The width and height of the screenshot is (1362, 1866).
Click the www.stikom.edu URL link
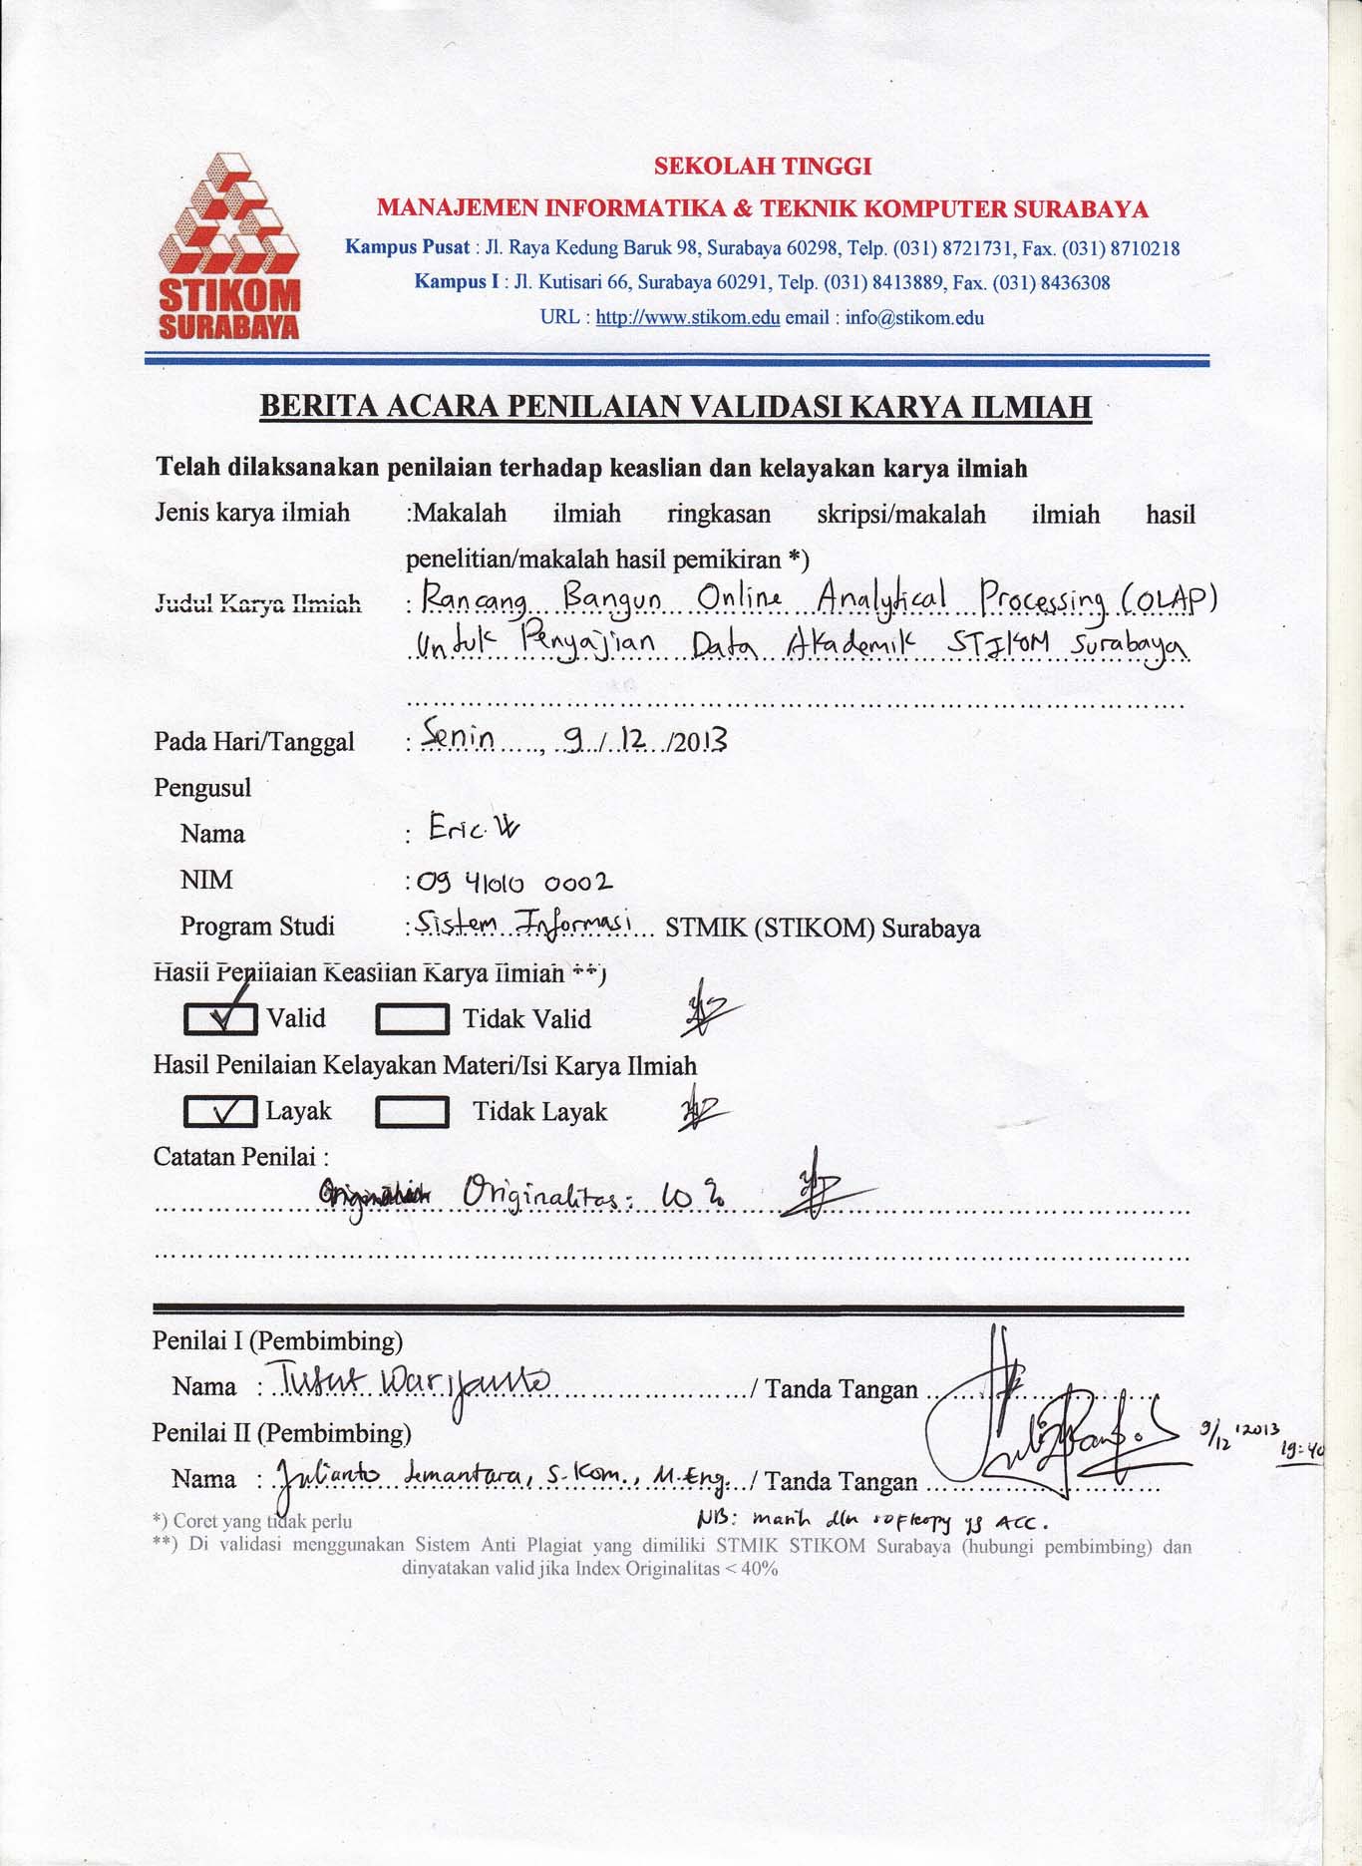(687, 318)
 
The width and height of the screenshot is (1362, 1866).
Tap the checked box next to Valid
(221, 1018)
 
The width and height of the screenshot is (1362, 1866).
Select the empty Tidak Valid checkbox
(411, 1019)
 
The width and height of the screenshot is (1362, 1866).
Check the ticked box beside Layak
(221, 1111)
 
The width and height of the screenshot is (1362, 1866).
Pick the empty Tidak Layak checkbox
(411, 1112)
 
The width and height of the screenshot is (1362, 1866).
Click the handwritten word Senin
(460, 737)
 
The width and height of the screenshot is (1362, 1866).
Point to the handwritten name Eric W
(473, 828)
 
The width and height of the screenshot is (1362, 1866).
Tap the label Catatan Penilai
(240, 1157)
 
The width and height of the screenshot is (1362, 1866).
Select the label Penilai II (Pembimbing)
(281, 1433)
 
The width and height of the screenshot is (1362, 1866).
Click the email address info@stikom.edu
(914, 318)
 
